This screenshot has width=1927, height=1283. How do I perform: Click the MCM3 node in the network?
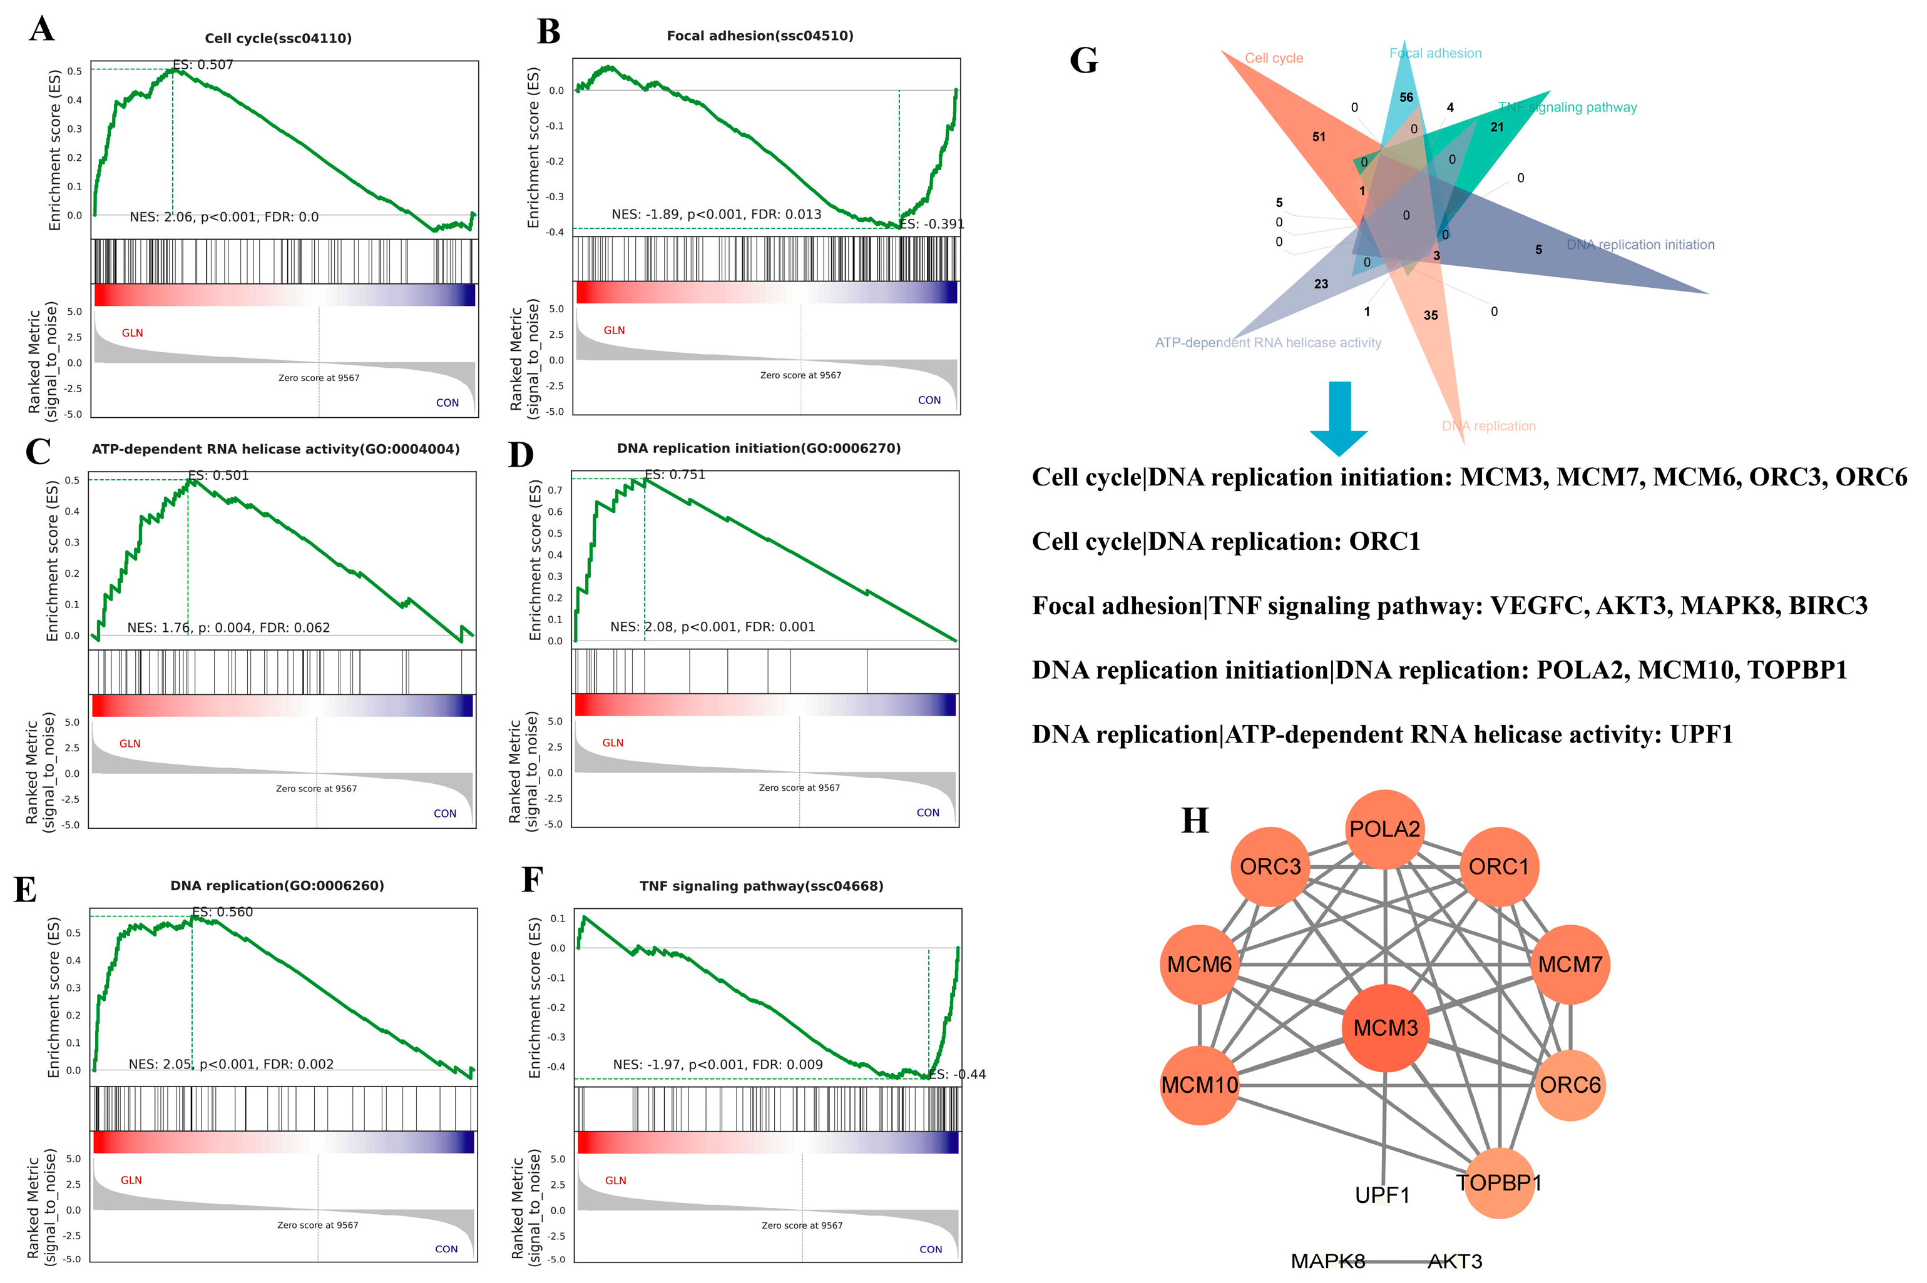click(1385, 1028)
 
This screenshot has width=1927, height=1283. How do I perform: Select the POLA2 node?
click(1384, 829)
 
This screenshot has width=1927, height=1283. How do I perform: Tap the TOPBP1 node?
click(1498, 1183)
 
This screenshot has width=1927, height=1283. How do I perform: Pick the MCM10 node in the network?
click(1199, 1085)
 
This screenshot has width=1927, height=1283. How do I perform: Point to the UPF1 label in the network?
click(1382, 1195)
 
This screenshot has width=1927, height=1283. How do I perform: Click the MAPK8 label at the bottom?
click(1328, 1261)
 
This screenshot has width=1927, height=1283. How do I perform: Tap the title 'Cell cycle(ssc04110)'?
click(279, 38)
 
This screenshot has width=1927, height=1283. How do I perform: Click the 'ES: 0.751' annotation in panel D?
click(675, 475)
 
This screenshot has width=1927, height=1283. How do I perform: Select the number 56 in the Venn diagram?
click(1406, 98)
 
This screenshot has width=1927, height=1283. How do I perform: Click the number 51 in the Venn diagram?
click(1319, 136)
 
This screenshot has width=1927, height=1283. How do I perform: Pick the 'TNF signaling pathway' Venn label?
click(1568, 107)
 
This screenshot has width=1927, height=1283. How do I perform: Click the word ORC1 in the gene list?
click(1384, 541)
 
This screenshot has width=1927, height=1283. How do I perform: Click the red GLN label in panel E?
click(131, 1180)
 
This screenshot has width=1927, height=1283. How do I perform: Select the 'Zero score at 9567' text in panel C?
click(316, 789)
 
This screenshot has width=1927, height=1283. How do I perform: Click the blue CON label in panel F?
click(930, 1249)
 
